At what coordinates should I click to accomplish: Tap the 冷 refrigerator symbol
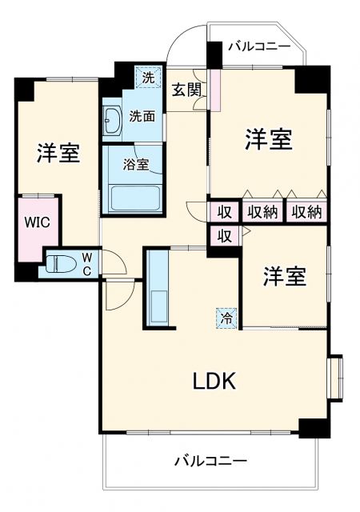(227, 318)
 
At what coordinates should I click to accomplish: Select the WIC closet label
(35, 222)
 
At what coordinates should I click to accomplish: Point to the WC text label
(87, 263)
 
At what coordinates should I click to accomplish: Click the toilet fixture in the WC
(61, 264)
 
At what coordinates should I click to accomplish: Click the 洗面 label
(142, 116)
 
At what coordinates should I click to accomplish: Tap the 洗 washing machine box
(147, 78)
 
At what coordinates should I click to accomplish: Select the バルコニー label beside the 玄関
(258, 46)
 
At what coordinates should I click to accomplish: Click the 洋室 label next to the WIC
(58, 153)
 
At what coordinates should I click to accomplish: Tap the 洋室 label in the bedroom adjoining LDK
(285, 277)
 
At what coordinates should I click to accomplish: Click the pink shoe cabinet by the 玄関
(214, 93)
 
